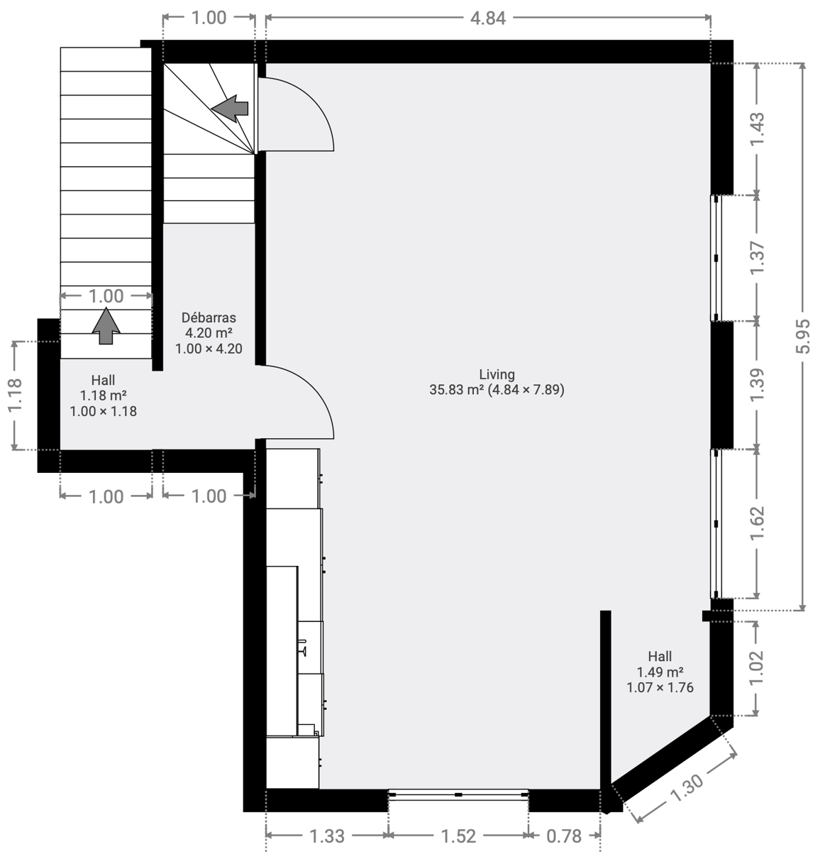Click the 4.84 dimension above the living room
(x=487, y=18)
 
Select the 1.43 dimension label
(x=757, y=129)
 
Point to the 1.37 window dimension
(x=757, y=258)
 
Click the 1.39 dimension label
(x=757, y=384)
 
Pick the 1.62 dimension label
(x=757, y=523)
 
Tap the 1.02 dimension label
(x=757, y=668)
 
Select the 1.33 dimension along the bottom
(x=327, y=836)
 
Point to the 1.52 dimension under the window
(x=458, y=836)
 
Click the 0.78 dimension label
(x=564, y=836)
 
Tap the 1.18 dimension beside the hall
(x=15, y=395)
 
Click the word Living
(x=497, y=374)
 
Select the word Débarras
(x=209, y=317)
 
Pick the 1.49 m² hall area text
(x=660, y=672)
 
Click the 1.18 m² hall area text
(x=104, y=395)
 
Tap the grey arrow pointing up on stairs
(x=106, y=326)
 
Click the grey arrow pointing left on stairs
(x=230, y=108)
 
